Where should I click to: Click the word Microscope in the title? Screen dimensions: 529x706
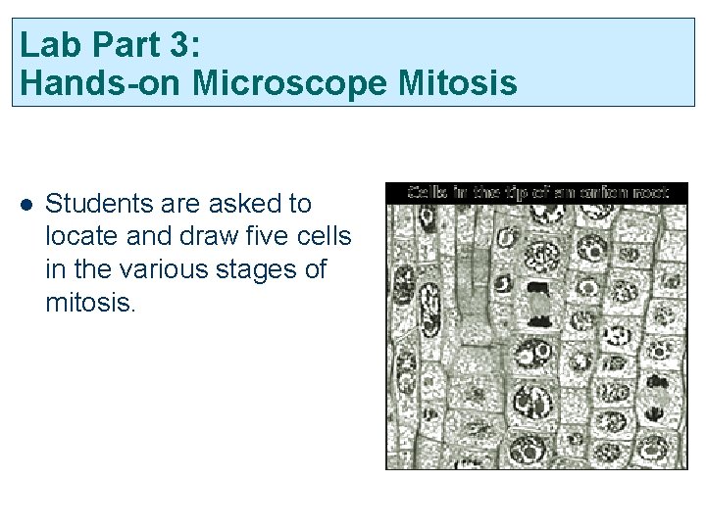tap(292, 84)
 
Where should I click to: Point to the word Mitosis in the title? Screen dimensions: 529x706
tap(459, 84)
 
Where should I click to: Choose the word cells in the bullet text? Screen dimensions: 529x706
tap(322, 237)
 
